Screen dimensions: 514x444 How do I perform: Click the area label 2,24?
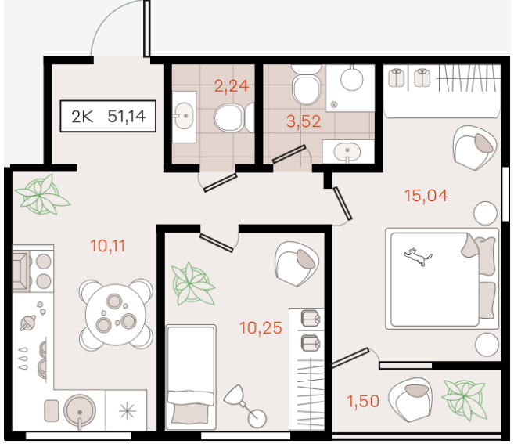(232, 86)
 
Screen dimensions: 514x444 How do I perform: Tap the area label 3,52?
(304, 121)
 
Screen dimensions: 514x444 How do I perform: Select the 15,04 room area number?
(426, 196)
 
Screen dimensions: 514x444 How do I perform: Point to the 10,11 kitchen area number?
(107, 246)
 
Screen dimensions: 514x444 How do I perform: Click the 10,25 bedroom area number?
(261, 328)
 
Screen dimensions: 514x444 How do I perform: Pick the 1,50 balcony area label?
(363, 402)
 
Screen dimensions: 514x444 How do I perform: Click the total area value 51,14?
(127, 116)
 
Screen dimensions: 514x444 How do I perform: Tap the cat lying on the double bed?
(417, 257)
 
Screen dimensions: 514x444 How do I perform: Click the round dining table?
(116, 314)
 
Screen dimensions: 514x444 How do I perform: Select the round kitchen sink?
(80, 411)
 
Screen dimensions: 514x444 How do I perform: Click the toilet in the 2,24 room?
(229, 117)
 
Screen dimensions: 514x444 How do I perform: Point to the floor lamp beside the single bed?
(245, 406)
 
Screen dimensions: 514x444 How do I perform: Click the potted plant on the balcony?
(464, 399)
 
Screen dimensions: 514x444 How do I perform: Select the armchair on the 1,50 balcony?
(411, 399)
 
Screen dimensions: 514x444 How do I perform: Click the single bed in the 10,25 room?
(191, 377)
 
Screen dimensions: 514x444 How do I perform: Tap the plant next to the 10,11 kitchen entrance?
(42, 195)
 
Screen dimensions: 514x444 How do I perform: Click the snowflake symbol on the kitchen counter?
(128, 411)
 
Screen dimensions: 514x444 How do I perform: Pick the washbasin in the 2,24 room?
(184, 117)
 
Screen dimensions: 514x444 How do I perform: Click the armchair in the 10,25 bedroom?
(297, 264)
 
